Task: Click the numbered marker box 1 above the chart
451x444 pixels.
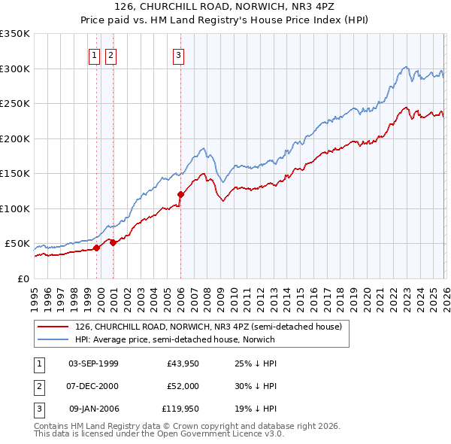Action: tap(95, 54)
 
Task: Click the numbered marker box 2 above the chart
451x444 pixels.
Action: tap(110, 54)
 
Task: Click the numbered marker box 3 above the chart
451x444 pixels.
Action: tap(179, 54)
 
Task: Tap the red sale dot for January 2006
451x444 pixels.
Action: tap(180, 195)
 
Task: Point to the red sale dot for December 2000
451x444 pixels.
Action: tap(114, 242)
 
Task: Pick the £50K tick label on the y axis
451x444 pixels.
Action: tap(17, 244)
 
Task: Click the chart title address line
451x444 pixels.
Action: tap(225, 8)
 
